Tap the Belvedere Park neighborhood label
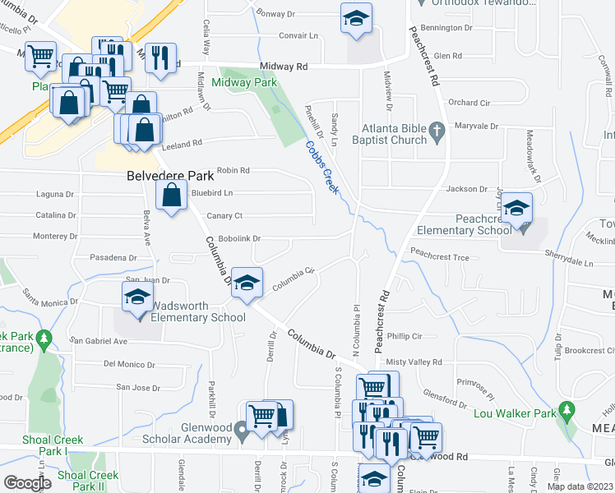coord(170,176)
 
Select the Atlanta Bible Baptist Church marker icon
coord(437,128)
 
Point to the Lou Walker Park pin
coord(566,409)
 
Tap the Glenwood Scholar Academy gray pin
coord(240,428)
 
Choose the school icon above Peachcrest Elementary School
coord(517,208)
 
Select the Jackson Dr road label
coord(466,189)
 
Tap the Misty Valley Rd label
coord(414,362)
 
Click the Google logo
coord(27,483)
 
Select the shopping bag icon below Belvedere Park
coord(171,196)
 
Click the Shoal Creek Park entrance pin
coord(45,338)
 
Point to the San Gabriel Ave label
coord(99,340)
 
